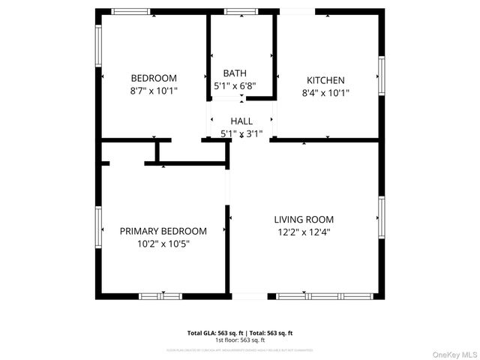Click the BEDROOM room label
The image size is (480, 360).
point(154,78)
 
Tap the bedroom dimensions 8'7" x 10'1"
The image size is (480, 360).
point(154,91)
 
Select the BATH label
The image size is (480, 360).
point(235,73)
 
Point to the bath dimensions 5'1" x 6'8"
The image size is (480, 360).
point(235,86)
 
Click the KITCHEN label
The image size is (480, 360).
point(325,80)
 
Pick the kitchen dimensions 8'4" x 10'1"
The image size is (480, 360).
point(325,93)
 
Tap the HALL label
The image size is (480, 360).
point(241,121)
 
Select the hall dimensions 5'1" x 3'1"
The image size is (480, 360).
point(241,133)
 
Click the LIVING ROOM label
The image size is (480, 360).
point(304,220)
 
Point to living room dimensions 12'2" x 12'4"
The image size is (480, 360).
point(304,232)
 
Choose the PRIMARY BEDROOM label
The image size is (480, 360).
point(163,231)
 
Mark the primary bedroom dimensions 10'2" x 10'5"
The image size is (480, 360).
point(163,244)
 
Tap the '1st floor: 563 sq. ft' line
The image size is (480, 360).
point(240,339)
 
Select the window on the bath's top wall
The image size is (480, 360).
point(240,11)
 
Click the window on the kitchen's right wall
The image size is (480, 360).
point(381,75)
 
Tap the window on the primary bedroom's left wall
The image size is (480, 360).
point(98,226)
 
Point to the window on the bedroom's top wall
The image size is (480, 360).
point(131,11)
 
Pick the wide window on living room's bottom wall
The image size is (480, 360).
point(325,296)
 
